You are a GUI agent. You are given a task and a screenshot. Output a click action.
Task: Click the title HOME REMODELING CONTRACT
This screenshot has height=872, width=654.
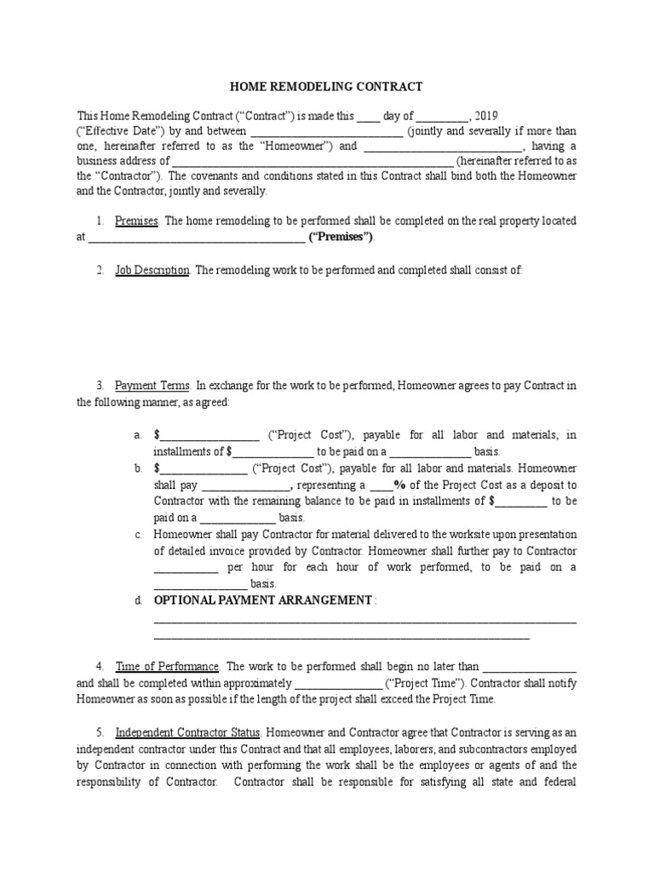click(x=327, y=87)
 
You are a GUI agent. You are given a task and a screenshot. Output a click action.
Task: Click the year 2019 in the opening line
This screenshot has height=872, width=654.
click(x=486, y=116)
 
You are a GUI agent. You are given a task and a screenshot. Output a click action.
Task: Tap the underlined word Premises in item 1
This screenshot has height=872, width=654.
click(x=136, y=221)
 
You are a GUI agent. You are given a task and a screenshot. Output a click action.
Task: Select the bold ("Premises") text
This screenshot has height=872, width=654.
click(x=341, y=236)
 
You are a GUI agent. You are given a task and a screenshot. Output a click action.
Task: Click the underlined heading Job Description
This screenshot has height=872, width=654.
click(x=152, y=270)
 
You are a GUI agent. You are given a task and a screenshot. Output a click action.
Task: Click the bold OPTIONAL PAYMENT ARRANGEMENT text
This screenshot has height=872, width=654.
click(x=262, y=600)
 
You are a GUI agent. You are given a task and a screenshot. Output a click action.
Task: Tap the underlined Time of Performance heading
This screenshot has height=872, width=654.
click(x=167, y=666)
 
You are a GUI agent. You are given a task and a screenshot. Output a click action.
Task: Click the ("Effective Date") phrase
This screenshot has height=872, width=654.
click(x=115, y=131)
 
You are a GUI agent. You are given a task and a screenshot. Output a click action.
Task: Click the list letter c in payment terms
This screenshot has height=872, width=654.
click(x=138, y=535)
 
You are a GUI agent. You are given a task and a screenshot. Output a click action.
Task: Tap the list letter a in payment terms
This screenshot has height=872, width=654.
click(x=138, y=435)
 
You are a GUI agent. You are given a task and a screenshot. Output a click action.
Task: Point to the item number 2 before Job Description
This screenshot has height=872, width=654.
click(x=100, y=270)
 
